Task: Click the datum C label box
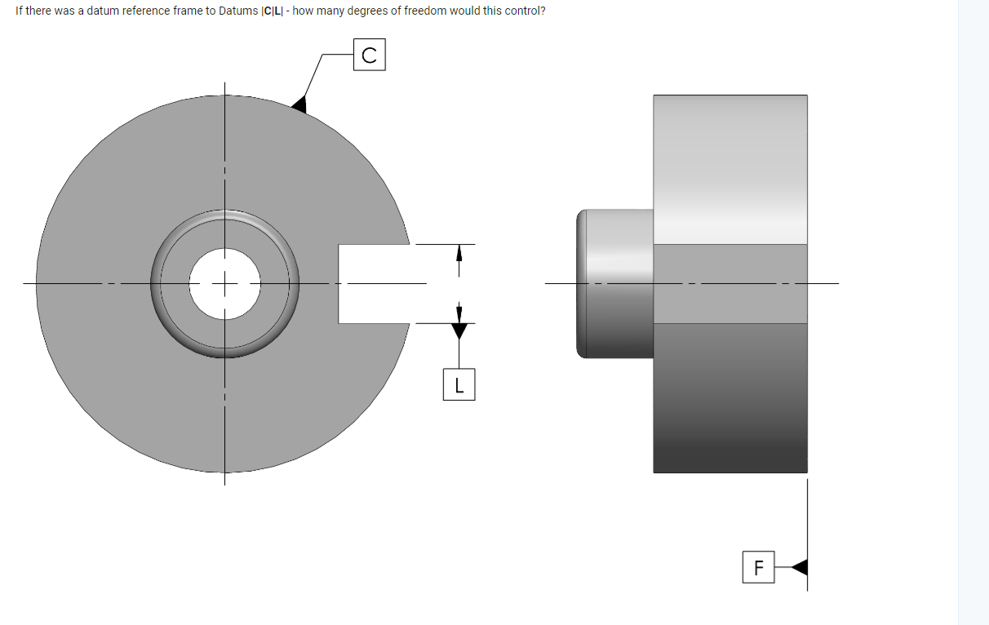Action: click(369, 55)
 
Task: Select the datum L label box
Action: click(459, 384)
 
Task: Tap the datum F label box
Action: click(759, 567)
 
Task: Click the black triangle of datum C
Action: click(299, 104)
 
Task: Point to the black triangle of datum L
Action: click(459, 330)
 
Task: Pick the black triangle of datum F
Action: click(801, 567)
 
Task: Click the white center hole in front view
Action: click(225, 284)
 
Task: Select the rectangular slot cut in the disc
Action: click(371, 284)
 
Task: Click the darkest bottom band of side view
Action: click(730, 441)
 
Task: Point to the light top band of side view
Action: click(730, 163)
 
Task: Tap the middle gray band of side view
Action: click(730, 284)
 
